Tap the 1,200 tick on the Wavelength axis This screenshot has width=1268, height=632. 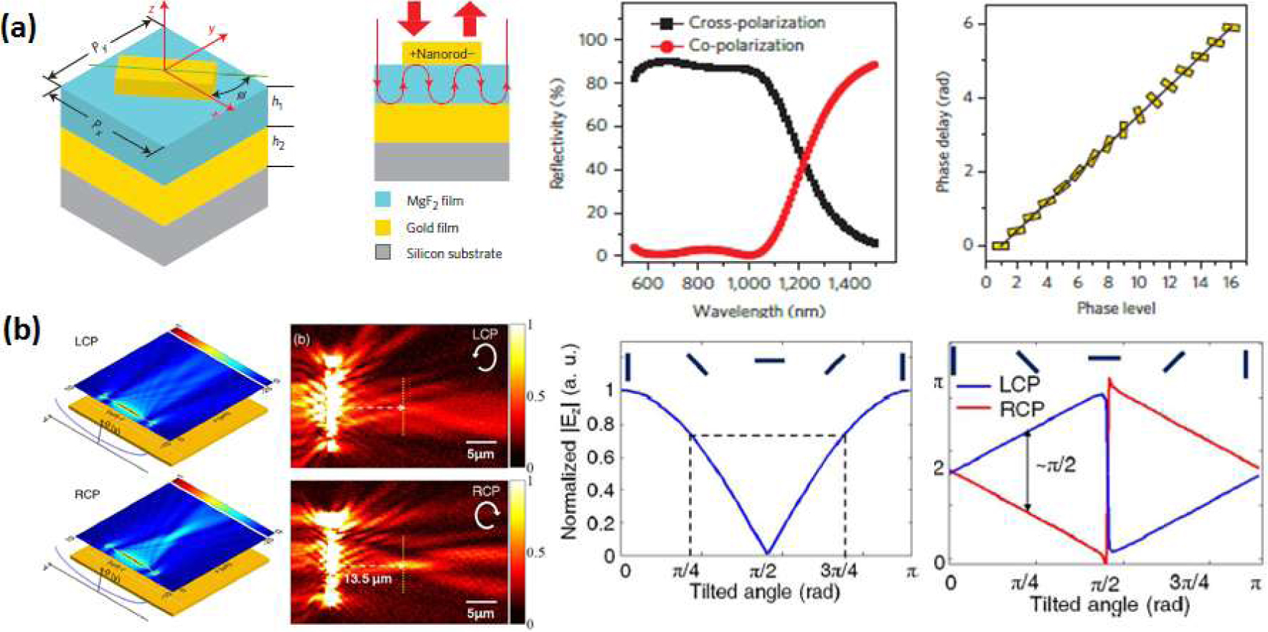(x=799, y=283)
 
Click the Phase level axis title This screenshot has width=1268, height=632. (x=1115, y=308)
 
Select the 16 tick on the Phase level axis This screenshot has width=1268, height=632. (x=1231, y=282)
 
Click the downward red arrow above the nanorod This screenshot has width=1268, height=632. (x=414, y=18)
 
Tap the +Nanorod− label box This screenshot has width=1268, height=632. (x=441, y=54)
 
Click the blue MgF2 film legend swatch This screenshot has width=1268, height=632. (x=383, y=201)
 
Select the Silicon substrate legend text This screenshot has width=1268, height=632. (x=454, y=253)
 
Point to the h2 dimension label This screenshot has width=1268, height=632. (x=278, y=143)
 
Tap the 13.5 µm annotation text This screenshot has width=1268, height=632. (x=367, y=578)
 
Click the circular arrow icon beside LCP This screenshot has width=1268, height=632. (x=485, y=358)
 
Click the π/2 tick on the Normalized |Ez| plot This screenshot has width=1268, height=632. (x=767, y=572)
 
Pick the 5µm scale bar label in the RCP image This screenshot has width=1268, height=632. (x=480, y=613)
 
